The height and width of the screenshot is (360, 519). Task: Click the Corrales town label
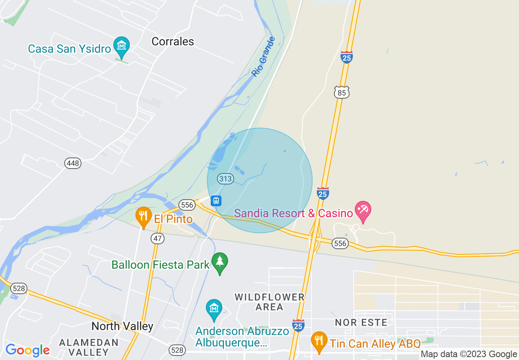[173, 41]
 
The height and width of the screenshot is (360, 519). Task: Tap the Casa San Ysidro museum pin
[121, 45]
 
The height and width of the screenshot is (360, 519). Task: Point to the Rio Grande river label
[263, 56]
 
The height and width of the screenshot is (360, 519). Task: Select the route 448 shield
[73, 164]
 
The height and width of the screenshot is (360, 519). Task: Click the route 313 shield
[225, 179]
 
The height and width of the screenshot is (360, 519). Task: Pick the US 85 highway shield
[342, 93]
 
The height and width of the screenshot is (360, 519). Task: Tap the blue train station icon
[216, 200]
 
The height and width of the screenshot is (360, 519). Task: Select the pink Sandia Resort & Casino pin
[363, 210]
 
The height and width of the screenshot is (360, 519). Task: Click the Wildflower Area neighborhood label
[270, 302]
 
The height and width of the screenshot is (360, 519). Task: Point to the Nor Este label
[361, 323]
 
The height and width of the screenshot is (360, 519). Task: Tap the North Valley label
[122, 326]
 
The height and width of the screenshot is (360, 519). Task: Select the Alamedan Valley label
[88, 347]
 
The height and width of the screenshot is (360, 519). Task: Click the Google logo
[27, 350]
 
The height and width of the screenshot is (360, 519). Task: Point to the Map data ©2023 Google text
[469, 354]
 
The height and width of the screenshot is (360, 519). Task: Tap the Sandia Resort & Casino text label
[293, 213]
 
